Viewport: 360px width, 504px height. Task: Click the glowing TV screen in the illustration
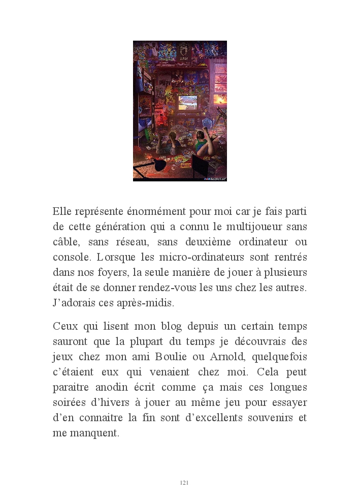[187, 102]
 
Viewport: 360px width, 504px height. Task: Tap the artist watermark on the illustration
[215, 179]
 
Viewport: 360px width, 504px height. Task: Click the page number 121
[184, 483]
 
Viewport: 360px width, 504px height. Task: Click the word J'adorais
[74, 303]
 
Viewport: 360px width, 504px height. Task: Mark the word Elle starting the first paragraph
[62, 211]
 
